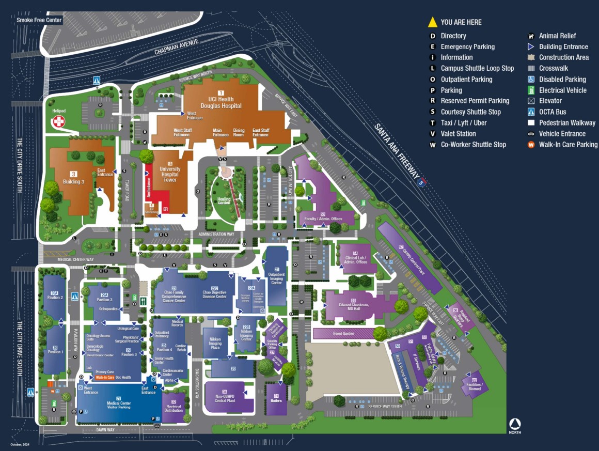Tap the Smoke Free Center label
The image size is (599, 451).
click(39, 20)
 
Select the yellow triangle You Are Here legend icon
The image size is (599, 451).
click(432, 22)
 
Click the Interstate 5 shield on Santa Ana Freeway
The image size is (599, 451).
click(422, 182)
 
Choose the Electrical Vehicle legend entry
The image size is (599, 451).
click(563, 90)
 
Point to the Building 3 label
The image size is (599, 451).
click(74, 182)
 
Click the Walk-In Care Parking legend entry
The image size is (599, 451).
click(568, 145)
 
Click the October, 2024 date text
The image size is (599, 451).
click(19, 445)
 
